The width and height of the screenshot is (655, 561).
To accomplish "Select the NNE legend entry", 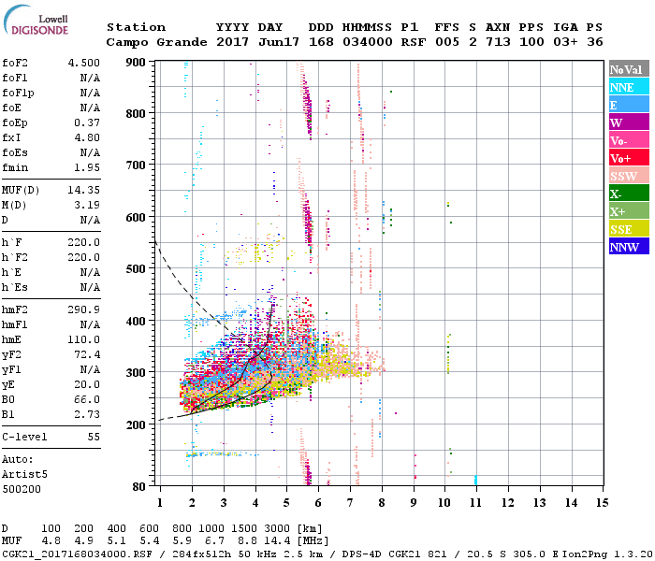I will pos(621,87).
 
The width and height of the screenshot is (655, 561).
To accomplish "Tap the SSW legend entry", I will pos(623,176).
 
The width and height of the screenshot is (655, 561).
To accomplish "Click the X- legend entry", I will pos(617,194).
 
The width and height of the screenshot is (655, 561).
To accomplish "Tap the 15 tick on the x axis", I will pos(602,503).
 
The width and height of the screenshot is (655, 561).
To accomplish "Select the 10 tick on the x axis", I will pos(444,503).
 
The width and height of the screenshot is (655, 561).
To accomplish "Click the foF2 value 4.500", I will pos(81,64).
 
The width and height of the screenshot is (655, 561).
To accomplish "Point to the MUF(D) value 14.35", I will pos(81,191).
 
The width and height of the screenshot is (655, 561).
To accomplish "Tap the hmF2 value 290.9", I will pos(81,309).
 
